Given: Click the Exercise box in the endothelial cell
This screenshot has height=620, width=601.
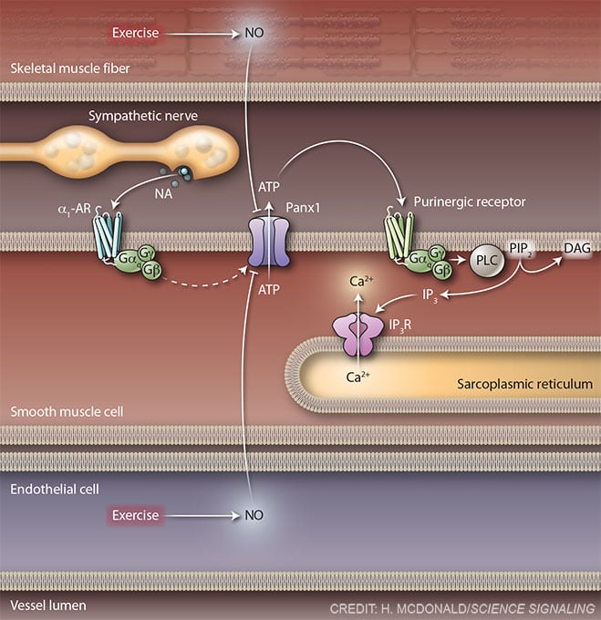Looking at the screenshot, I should coord(135,515).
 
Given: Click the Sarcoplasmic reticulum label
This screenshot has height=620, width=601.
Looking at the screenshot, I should coord(525,384).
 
